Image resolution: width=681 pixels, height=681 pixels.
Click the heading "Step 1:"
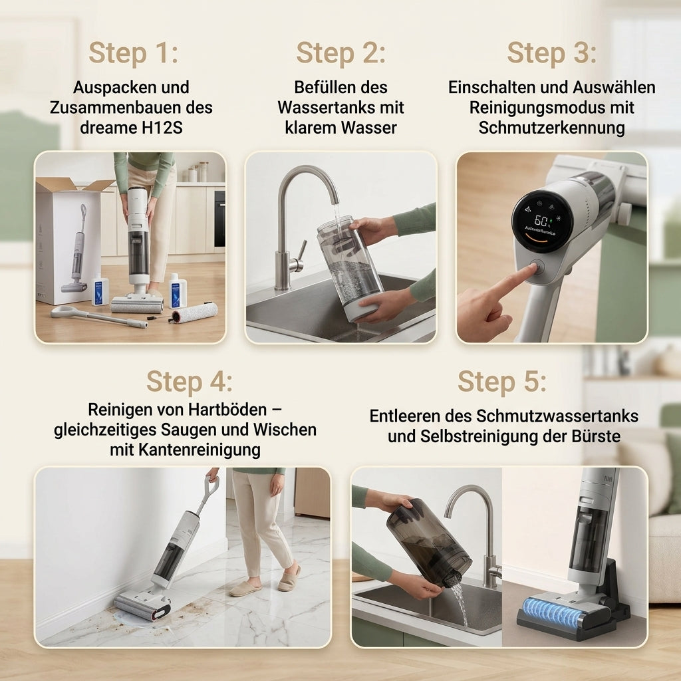tap(133, 53)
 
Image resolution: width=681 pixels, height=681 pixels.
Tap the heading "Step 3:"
tap(551, 53)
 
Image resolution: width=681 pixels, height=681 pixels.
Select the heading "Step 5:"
tap(501, 382)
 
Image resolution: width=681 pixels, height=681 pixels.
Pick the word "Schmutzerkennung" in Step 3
tap(551, 128)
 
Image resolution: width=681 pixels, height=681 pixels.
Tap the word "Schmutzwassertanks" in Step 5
tap(557, 416)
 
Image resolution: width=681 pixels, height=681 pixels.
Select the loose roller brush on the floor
tap(194, 313)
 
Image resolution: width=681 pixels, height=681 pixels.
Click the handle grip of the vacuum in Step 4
tap(211, 483)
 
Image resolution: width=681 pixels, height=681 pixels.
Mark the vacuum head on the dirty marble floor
tap(142, 602)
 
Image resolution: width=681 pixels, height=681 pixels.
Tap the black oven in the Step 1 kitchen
tap(219, 219)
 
